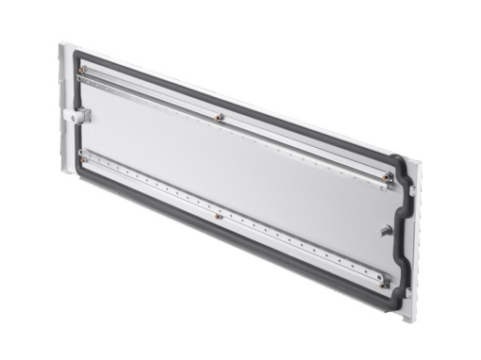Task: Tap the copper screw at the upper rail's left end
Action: click(x=84, y=71)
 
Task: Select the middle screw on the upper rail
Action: click(x=219, y=119)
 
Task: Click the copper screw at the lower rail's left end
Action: click(x=85, y=160)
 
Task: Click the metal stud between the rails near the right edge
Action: click(x=386, y=230)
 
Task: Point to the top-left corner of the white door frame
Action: click(x=60, y=41)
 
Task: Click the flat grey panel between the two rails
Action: click(x=236, y=174)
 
